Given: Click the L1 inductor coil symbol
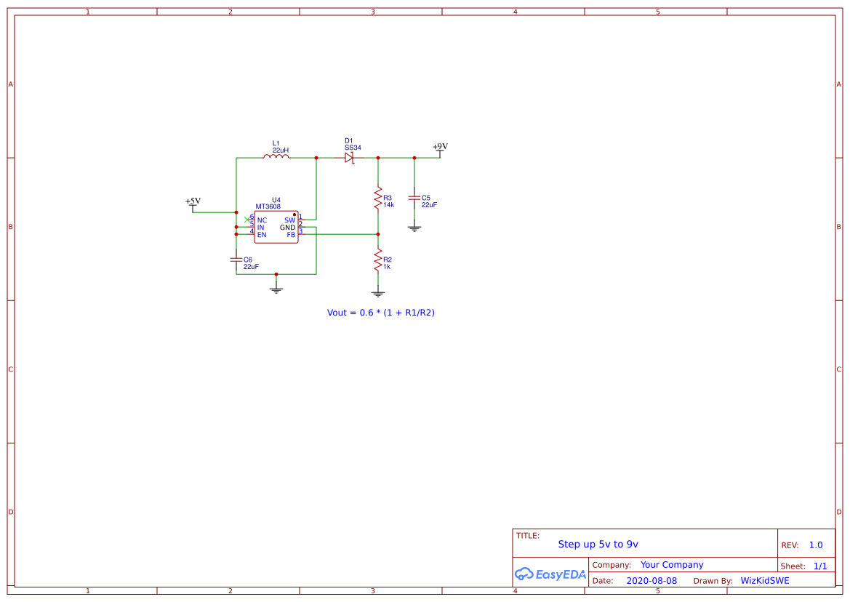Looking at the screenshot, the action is click(276, 156).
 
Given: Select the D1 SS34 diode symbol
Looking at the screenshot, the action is click(349, 158).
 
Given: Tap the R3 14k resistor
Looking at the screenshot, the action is click(378, 199).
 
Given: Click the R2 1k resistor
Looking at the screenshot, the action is click(378, 260).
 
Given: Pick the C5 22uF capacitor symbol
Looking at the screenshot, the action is click(414, 198).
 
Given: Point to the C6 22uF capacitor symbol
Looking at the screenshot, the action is click(236, 260).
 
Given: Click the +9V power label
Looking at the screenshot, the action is click(440, 147).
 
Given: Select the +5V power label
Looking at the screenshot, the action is click(193, 201).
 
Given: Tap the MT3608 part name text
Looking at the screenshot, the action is click(268, 206).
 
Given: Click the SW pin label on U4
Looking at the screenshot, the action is click(289, 220).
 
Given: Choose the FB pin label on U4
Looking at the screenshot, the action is click(291, 235).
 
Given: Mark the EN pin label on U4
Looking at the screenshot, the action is click(262, 235).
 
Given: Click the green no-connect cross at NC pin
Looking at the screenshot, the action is click(247, 220).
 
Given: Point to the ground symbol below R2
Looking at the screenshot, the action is click(378, 294).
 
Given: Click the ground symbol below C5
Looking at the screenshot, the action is click(414, 229).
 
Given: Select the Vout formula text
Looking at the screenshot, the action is click(380, 313).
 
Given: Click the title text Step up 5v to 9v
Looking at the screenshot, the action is click(598, 544).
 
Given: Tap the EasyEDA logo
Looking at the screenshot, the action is click(550, 574).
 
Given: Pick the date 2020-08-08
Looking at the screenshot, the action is click(651, 581).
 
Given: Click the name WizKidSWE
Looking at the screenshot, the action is click(765, 581).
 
